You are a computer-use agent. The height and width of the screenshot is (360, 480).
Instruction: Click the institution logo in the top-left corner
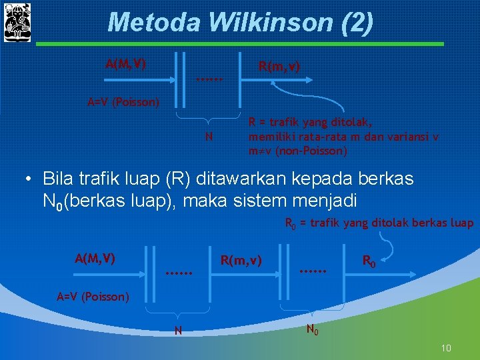pos(17,22)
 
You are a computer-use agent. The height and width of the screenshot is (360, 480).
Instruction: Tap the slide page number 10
pos(446,348)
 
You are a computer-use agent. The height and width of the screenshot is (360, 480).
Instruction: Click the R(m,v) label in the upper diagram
pos(279,67)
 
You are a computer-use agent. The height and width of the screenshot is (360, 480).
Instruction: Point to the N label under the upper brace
pos(209,137)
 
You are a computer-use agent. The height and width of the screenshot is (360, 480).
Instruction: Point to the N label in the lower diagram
pos(177,330)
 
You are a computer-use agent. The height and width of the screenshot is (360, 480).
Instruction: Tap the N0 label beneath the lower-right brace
pos(312,329)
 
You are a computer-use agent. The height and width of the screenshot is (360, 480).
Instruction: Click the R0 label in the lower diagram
pos(369,260)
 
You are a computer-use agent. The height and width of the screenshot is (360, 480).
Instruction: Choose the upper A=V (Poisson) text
pos(124,102)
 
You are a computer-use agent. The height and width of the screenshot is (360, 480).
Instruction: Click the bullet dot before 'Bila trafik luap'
pos(28,179)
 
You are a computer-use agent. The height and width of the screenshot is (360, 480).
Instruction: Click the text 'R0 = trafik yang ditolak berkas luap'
pos(379,223)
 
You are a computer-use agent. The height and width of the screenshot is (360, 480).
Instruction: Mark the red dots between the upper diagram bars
pos(209,80)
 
